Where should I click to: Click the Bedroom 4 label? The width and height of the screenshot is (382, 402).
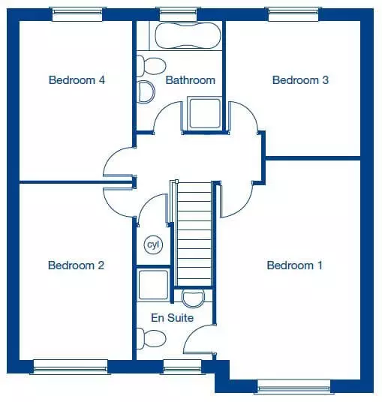pyautogui.click(x=77, y=80)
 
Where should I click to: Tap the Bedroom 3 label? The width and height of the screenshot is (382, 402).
pyautogui.click(x=300, y=80)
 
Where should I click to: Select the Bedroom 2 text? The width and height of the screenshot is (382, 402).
pyautogui.click(x=77, y=265)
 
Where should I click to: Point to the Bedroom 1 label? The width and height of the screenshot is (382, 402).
pyautogui.click(x=294, y=265)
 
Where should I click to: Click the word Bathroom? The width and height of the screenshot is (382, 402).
pyautogui.click(x=191, y=80)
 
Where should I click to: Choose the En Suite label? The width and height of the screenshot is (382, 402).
pyautogui.click(x=172, y=318)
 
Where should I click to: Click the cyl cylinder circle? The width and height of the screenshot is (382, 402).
pyautogui.click(x=153, y=244)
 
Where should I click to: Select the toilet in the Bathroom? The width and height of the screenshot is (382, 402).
pyautogui.click(x=151, y=66)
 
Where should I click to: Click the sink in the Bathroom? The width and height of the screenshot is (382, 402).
pyautogui.click(x=146, y=91)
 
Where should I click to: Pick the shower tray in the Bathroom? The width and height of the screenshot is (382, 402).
pyautogui.click(x=205, y=113)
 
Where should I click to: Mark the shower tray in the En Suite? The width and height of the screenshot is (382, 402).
pyautogui.click(x=153, y=284)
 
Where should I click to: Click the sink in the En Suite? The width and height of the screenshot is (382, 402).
pyautogui.click(x=193, y=298)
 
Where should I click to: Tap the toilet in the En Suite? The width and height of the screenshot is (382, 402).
pyautogui.click(x=151, y=338)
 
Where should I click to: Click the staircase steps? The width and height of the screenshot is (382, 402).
pyautogui.click(x=194, y=234)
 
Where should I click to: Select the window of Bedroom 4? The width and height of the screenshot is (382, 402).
pyautogui.click(x=77, y=14)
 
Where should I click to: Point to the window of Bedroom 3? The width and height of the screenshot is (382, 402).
pyautogui.click(x=293, y=14)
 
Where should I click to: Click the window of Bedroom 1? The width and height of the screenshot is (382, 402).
pyautogui.click(x=294, y=386)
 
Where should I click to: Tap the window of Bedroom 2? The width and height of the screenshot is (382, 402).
pyautogui.click(x=71, y=367)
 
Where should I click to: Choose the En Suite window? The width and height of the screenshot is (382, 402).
pyautogui.click(x=182, y=367)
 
